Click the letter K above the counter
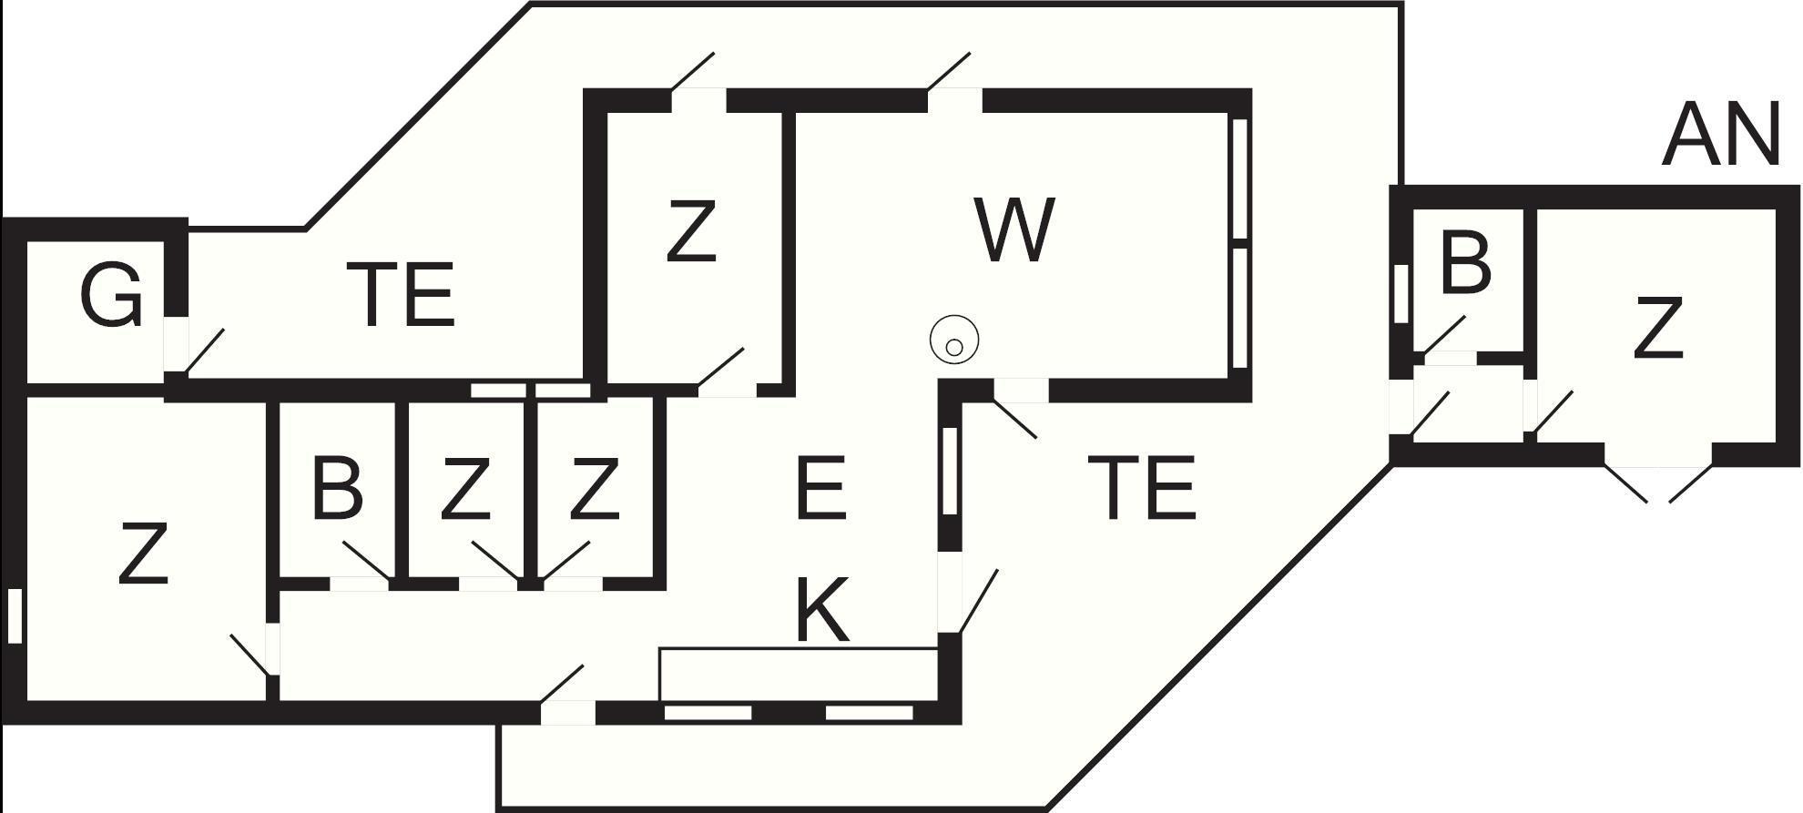pos(822,609)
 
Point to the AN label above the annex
pos(1720,135)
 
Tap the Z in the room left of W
pos(690,231)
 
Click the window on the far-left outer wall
pos(14,616)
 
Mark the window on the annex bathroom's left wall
pos(1401,293)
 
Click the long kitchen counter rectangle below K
pos(798,675)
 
